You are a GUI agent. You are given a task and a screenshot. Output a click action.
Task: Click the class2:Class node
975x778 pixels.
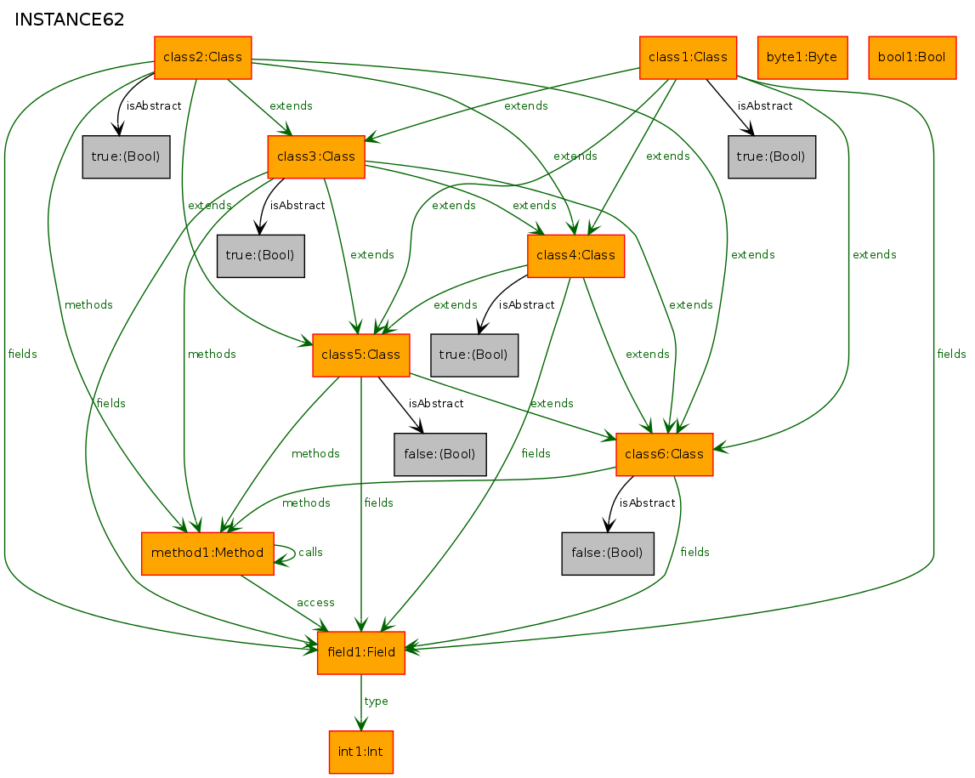coord(202,58)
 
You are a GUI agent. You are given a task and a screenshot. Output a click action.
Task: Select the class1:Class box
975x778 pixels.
coord(688,58)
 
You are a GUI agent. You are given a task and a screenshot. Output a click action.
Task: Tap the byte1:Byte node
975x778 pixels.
coord(802,58)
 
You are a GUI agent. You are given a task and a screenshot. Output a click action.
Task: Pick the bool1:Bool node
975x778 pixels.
coord(911,58)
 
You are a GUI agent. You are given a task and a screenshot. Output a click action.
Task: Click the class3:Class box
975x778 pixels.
coord(316,156)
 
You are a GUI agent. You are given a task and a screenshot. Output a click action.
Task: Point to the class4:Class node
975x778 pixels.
coord(575,256)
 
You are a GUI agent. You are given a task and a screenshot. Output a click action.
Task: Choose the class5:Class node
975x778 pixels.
coord(360,355)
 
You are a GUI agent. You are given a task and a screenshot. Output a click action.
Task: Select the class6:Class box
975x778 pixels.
coord(664,455)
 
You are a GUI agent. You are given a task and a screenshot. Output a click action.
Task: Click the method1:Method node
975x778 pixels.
coord(207,554)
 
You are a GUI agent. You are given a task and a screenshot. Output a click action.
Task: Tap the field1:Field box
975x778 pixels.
coord(361,653)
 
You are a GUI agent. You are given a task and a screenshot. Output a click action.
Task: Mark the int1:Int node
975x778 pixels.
coord(360,752)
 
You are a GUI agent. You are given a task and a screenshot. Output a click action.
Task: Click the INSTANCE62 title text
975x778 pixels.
coord(69,20)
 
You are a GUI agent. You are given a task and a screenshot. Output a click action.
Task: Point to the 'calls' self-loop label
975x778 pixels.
coord(310,552)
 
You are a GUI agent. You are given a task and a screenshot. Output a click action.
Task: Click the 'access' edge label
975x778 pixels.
coord(316,602)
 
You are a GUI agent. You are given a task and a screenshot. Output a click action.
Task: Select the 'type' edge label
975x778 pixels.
coord(377,701)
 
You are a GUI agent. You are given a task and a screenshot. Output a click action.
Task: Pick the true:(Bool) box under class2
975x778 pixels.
coord(126,156)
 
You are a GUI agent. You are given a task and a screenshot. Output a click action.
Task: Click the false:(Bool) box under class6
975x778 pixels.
coord(608,554)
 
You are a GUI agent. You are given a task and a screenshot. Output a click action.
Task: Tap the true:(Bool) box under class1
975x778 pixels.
coord(772,156)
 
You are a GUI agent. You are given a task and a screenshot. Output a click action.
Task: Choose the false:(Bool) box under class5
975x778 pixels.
coord(440,455)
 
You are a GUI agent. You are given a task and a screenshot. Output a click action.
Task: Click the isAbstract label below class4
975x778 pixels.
coord(526,304)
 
